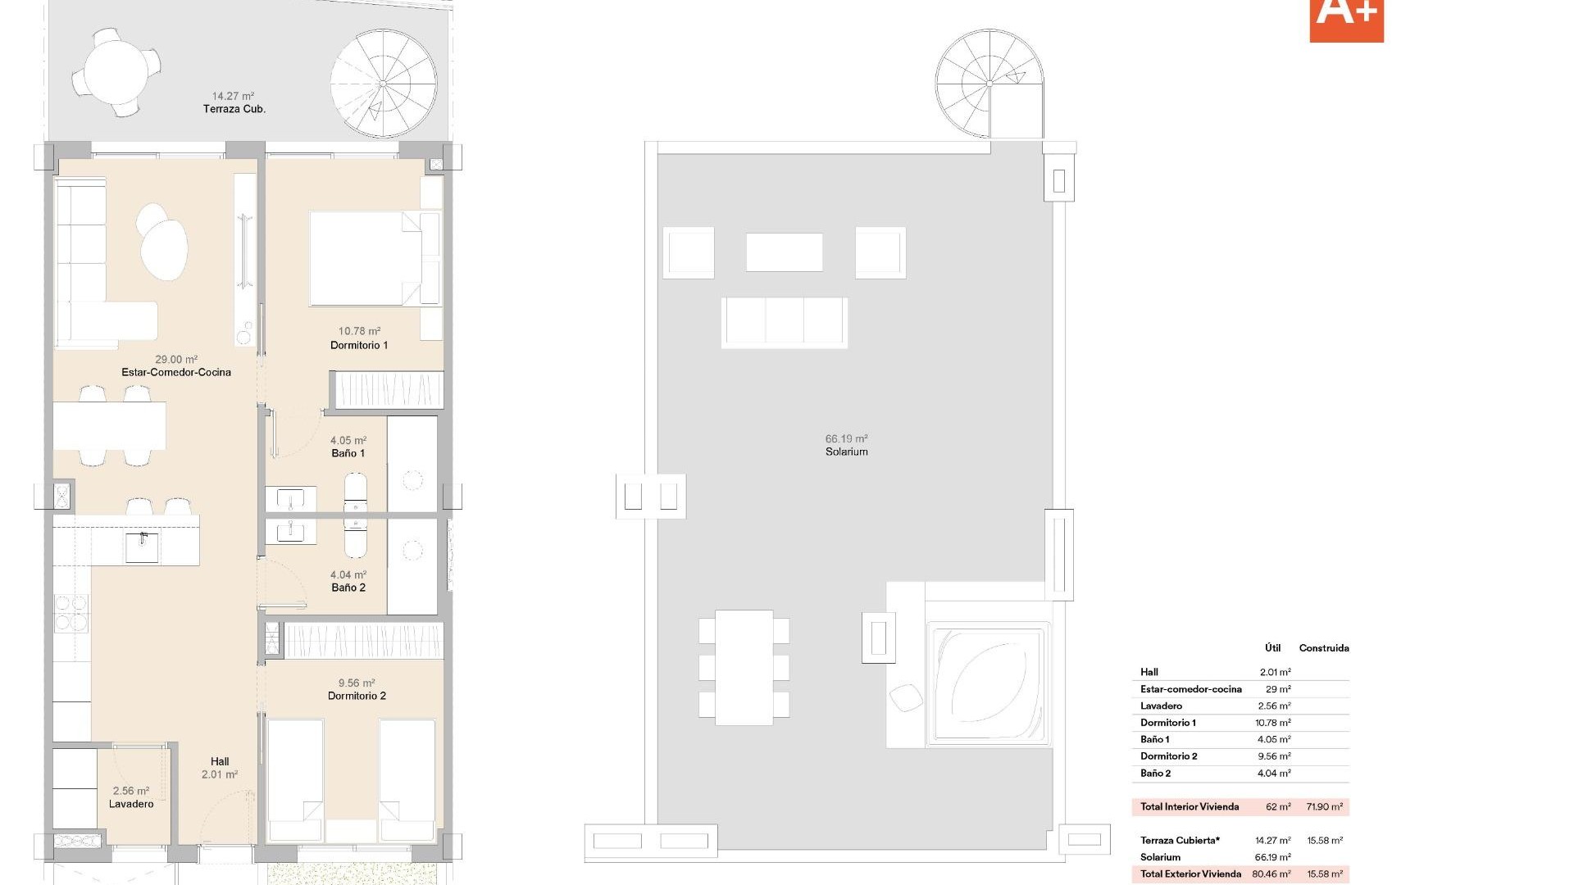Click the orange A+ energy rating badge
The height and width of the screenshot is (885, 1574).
[x=1346, y=18]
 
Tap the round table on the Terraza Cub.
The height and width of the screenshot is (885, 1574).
[x=116, y=72]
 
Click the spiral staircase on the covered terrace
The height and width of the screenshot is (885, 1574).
[x=383, y=84]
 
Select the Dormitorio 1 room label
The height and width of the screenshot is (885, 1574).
[x=359, y=345]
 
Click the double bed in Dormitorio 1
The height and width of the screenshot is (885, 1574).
[x=365, y=258]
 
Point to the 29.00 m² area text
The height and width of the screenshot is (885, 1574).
[x=176, y=359]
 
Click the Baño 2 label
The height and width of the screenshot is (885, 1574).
[x=348, y=588]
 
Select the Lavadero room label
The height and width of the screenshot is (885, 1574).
[x=131, y=804]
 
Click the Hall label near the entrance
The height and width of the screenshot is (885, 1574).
[x=220, y=761]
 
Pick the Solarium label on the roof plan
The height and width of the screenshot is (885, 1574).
[x=847, y=452]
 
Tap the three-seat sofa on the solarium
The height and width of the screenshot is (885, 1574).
[x=785, y=321]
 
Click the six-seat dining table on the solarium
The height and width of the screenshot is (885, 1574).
[x=744, y=667]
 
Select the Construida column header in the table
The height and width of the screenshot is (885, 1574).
[x=1323, y=647]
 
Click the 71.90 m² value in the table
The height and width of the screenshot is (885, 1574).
[x=1324, y=806]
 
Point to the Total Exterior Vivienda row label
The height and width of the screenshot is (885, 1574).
[x=1190, y=874]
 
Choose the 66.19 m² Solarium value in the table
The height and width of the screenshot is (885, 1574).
[x=1272, y=857]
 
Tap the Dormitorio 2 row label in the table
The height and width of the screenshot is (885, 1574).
[x=1168, y=756]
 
